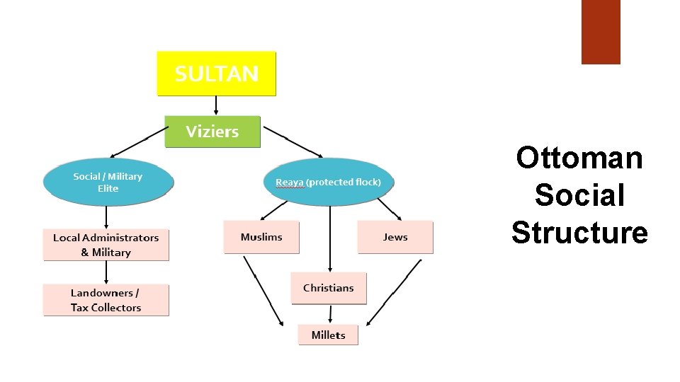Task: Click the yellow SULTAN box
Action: click(216, 73)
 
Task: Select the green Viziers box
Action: click(212, 132)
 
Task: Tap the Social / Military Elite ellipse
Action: click(108, 183)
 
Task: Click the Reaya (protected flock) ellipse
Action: click(328, 183)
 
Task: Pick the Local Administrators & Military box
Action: click(106, 245)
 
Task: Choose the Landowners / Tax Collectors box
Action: click(106, 300)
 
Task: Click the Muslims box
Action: click(261, 237)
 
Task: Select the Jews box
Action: click(395, 237)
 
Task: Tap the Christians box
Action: click(328, 288)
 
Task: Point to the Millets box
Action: click(328, 335)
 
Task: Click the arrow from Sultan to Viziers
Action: click(216, 105)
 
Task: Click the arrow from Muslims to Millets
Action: click(263, 290)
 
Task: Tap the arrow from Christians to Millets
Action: click(329, 314)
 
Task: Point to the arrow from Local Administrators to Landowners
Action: click(106, 272)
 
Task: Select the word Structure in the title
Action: click(579, 232)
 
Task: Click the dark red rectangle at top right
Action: click(601, 32)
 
